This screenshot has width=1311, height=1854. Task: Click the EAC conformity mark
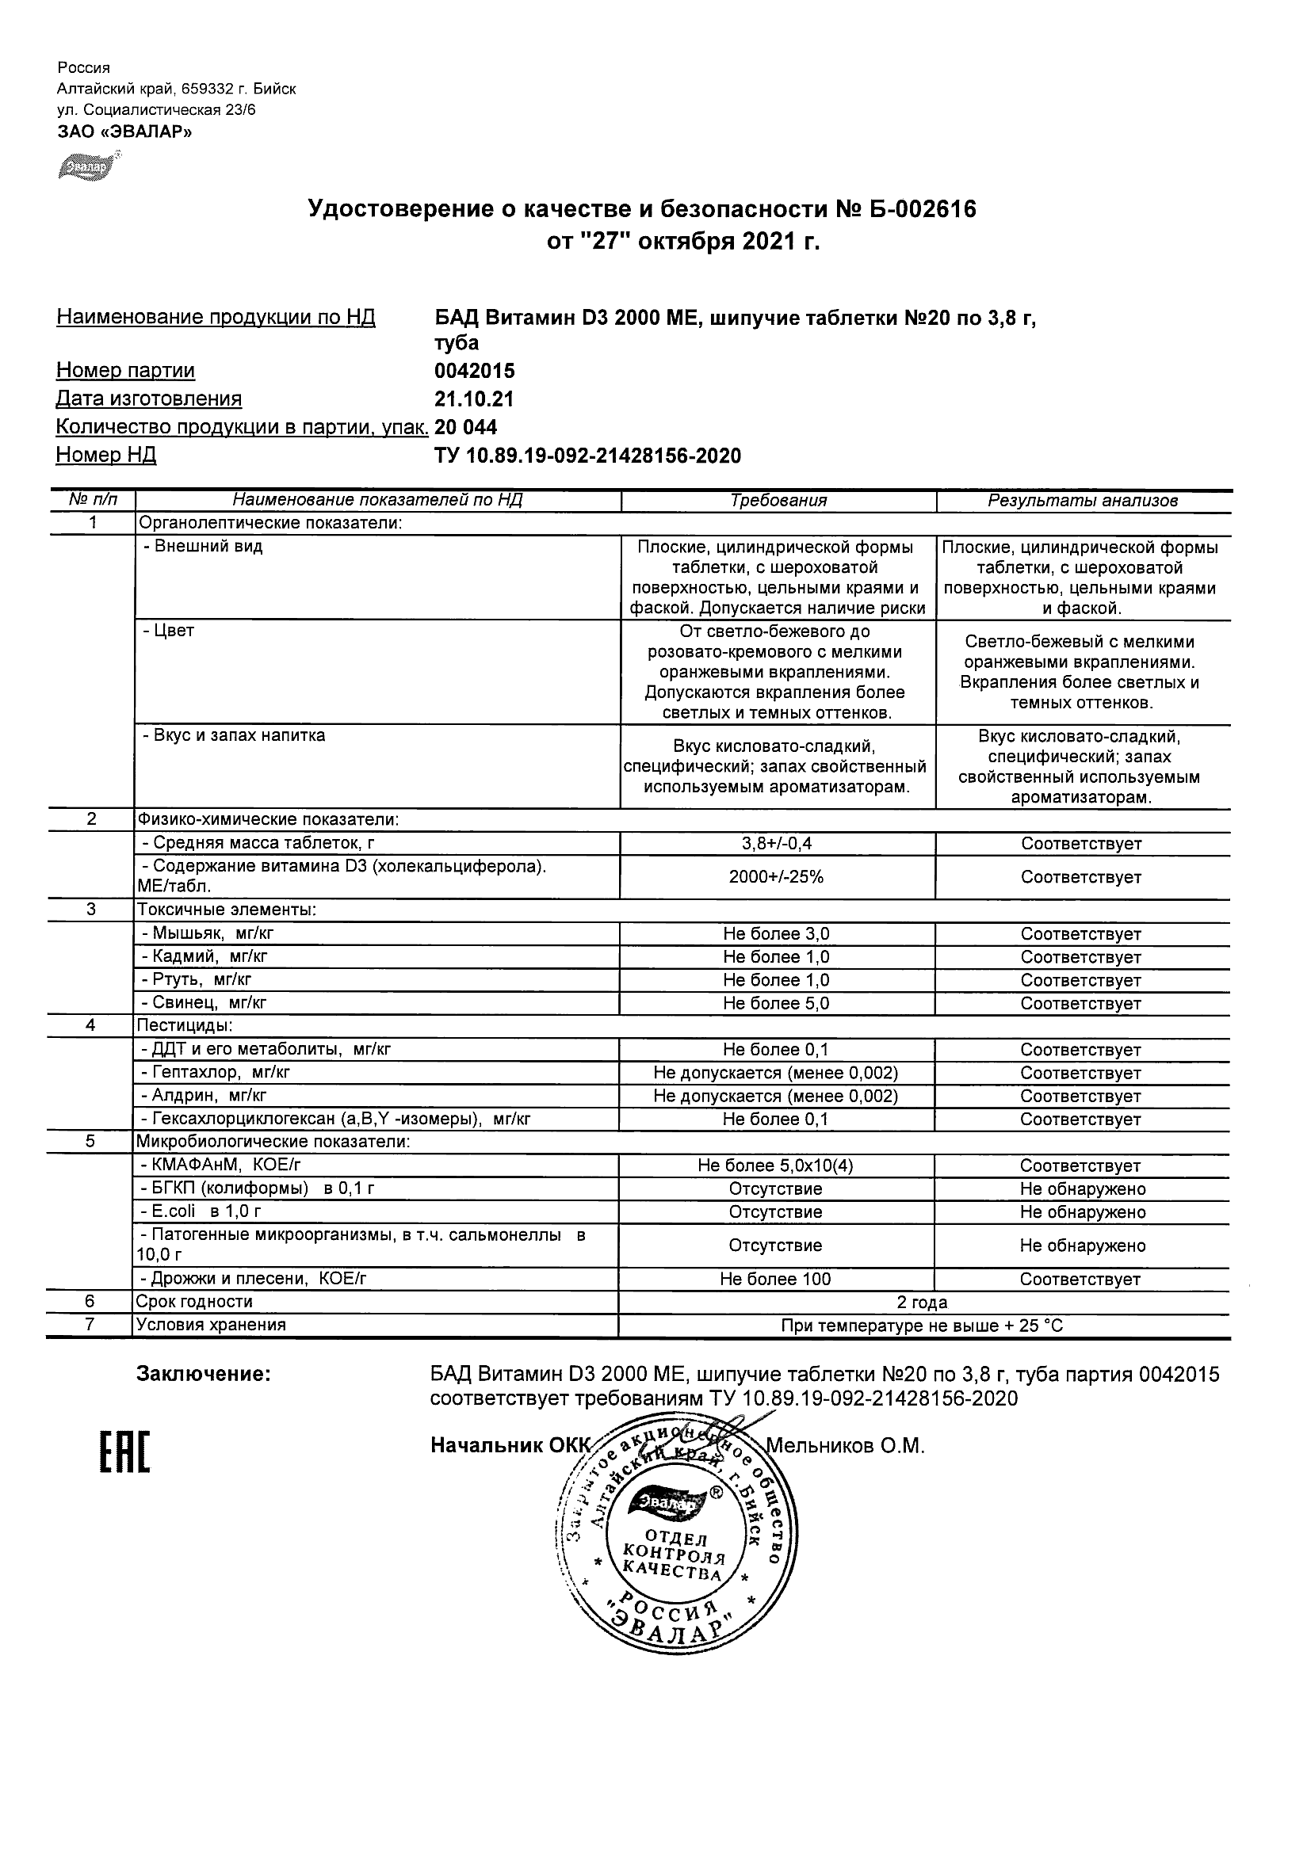124,1451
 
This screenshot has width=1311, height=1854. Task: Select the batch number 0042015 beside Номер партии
474,372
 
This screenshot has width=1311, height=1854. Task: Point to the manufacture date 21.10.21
474,399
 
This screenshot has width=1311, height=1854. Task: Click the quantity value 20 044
465,427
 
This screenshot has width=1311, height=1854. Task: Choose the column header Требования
778,501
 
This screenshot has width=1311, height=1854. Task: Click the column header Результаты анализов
1083,501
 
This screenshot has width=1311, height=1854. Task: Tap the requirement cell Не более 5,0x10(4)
775,1166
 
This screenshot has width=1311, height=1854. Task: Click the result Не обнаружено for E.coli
1083,1212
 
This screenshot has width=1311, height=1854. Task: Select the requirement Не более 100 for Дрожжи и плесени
775,1279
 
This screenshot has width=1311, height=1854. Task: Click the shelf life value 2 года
923,1303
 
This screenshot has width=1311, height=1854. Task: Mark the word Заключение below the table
204,1375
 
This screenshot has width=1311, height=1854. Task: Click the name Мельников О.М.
844,1446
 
